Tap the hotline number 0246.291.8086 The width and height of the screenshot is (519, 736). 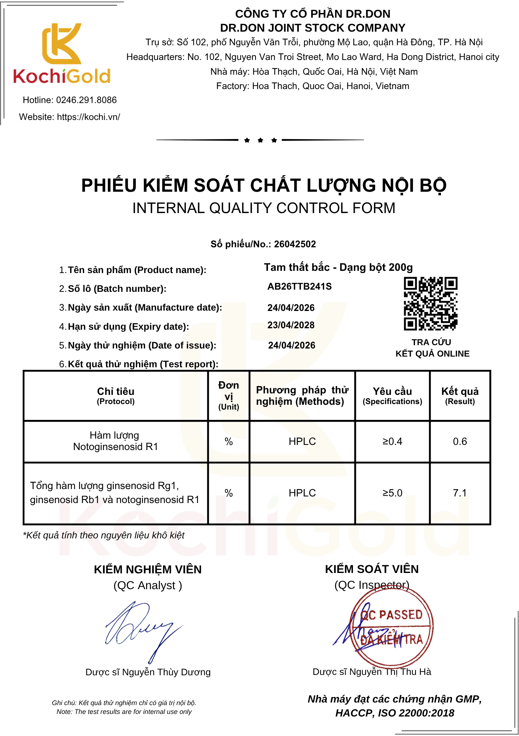coord(86,100)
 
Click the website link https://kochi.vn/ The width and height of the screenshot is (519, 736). coord(88,117)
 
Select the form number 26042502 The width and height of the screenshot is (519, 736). coord(295,244)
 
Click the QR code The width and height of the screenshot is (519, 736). coord(430,304)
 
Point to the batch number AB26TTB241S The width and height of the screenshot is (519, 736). coord(299,287)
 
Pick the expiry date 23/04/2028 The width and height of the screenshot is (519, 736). coord(291,325)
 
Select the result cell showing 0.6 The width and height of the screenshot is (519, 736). coord(460,442)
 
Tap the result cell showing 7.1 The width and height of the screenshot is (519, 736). coord(460,493)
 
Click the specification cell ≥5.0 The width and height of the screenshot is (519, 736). coord(392,493)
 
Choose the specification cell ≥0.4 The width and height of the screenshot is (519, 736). coord(392,442)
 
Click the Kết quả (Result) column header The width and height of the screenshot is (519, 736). coord(460,396)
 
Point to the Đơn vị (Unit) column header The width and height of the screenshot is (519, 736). coord(229,396)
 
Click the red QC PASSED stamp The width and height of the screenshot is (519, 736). coord(392,626)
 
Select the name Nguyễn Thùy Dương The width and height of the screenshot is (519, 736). coord(166,672)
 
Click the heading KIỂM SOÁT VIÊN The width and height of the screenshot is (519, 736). coord(372,569)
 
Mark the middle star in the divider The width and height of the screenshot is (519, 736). coord(261,140)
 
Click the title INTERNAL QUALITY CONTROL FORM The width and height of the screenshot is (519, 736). coord(264,208)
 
